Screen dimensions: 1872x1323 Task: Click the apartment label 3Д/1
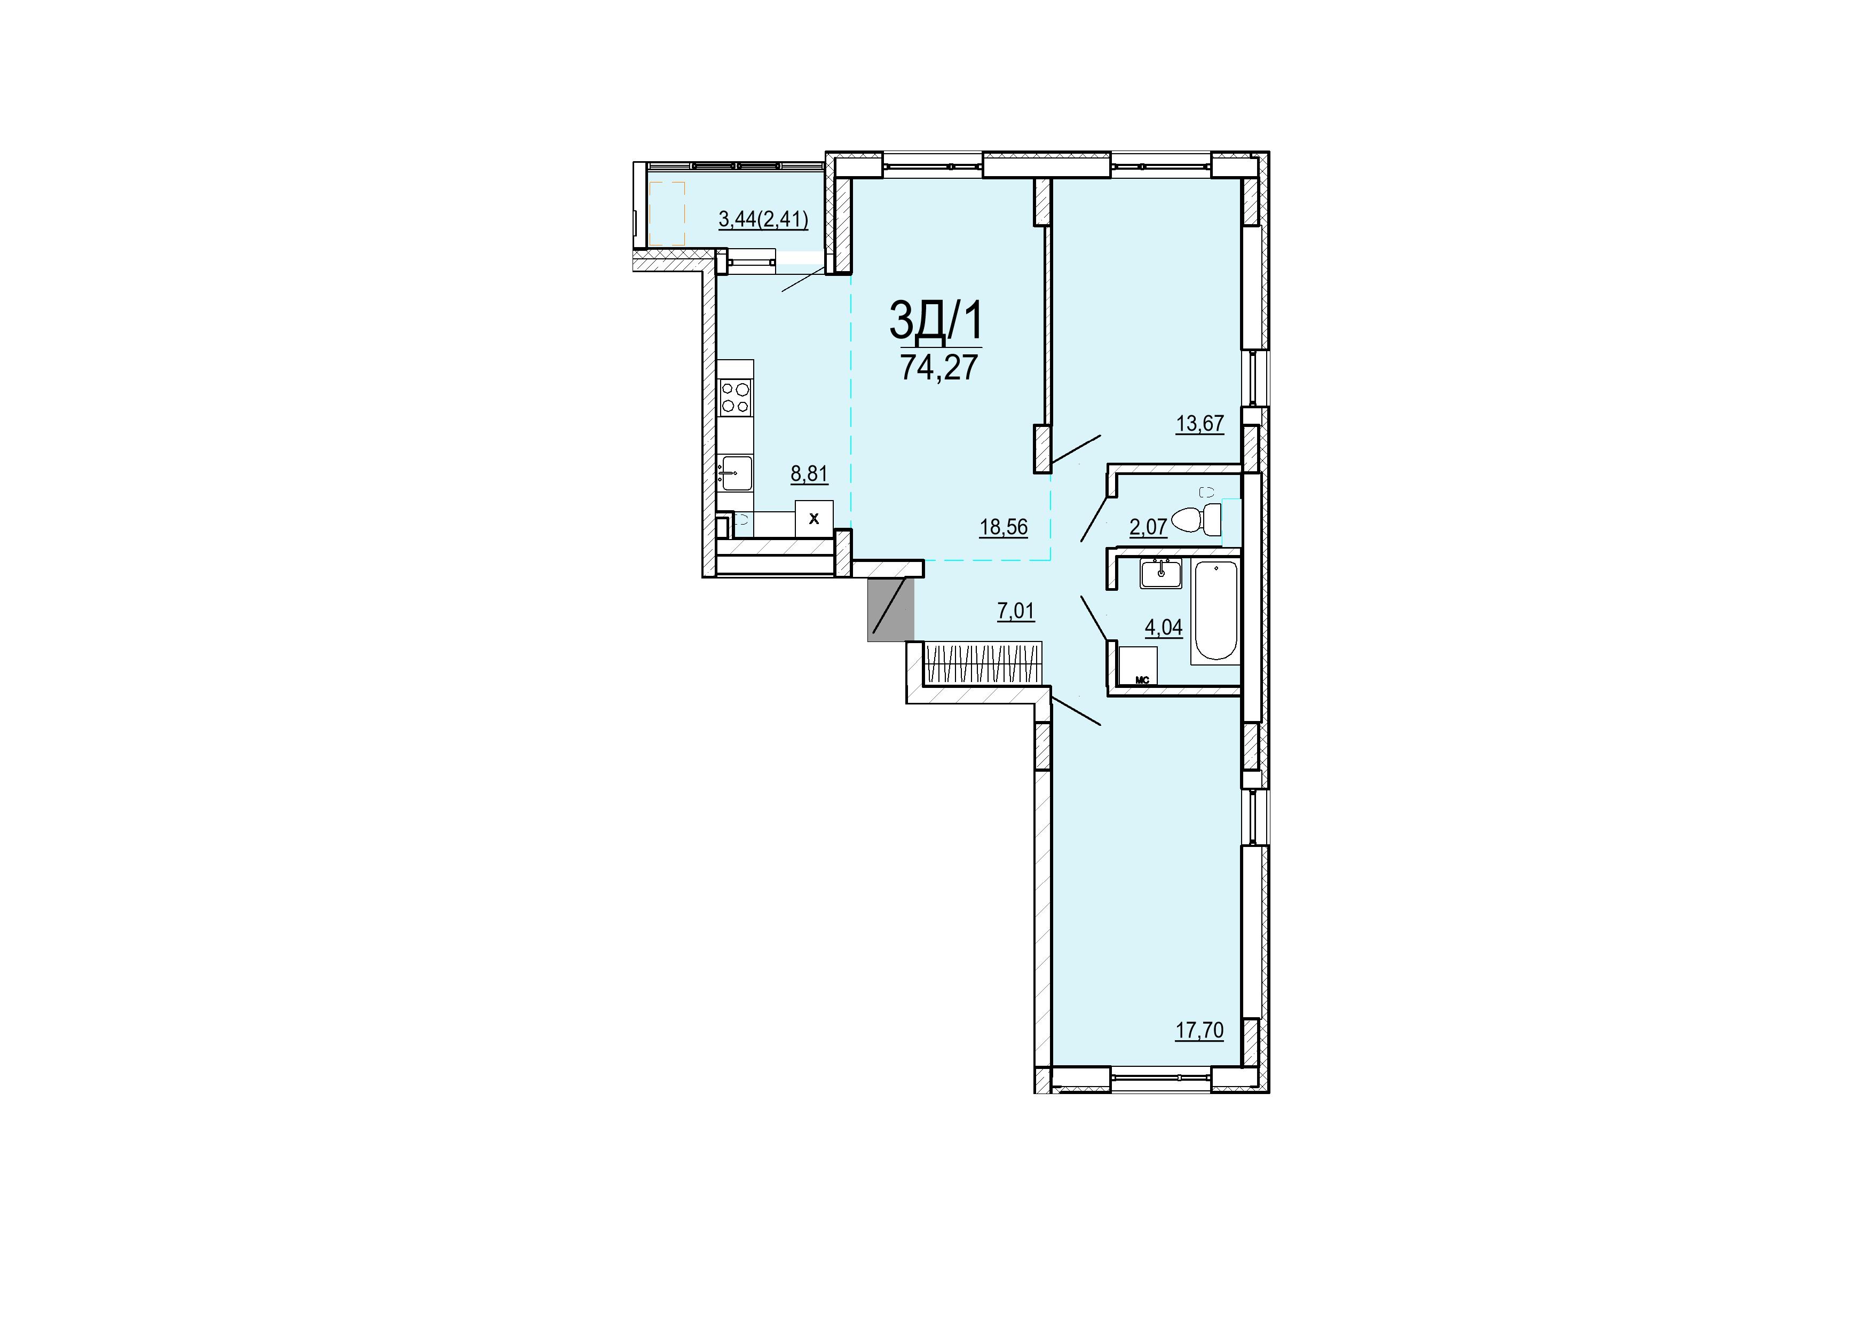tap(936, 320)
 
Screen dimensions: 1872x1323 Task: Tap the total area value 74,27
tap(938, 368)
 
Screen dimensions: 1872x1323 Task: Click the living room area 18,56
tap(1004, 527)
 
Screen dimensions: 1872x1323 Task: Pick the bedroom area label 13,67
tap(1199, 424)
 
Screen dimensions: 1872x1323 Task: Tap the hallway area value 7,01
tap(1016, 612)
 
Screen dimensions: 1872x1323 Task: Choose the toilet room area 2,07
tap(1148, 527)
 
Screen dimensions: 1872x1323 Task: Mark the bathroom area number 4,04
tap(1164, 628)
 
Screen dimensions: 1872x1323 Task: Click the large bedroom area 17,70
tap(1199, 1031)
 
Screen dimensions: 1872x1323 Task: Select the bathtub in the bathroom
tap(1215, 612)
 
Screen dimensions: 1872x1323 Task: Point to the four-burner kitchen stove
tap(165, 399)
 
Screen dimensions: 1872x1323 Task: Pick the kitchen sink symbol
tap(165, 473)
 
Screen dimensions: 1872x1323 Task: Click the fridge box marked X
tap(813, 518)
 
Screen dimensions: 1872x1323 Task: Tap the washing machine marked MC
tap(1138, 665)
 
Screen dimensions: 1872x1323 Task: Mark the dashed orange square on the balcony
tap(667, 213)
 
